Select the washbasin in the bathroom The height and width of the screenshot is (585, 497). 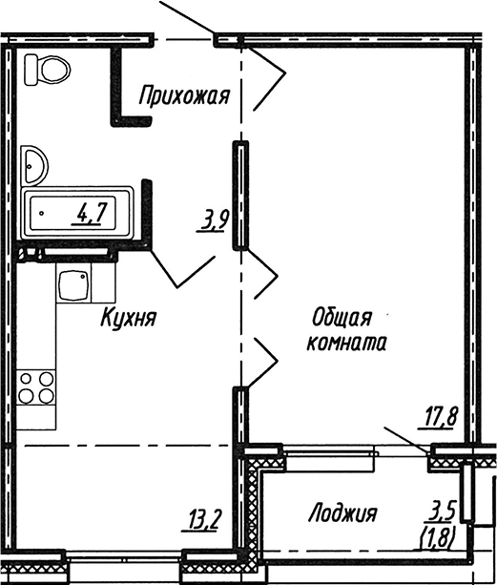37,165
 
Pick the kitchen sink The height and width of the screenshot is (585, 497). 73,285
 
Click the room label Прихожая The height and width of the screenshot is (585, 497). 185,94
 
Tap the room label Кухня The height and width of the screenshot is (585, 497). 129,318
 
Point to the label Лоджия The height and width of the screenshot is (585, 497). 342,514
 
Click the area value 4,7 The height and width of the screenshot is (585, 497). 92,213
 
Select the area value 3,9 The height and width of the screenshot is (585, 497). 213,222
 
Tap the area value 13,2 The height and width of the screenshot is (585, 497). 205,520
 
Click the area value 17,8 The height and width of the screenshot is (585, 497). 440,415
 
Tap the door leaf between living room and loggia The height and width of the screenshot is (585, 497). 405,438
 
